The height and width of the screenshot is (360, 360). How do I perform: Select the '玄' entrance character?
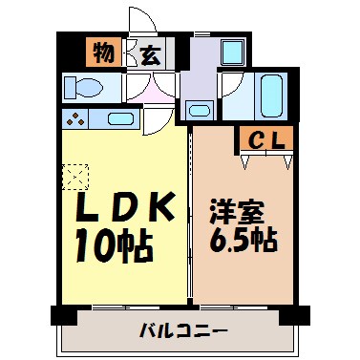[149, 55]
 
